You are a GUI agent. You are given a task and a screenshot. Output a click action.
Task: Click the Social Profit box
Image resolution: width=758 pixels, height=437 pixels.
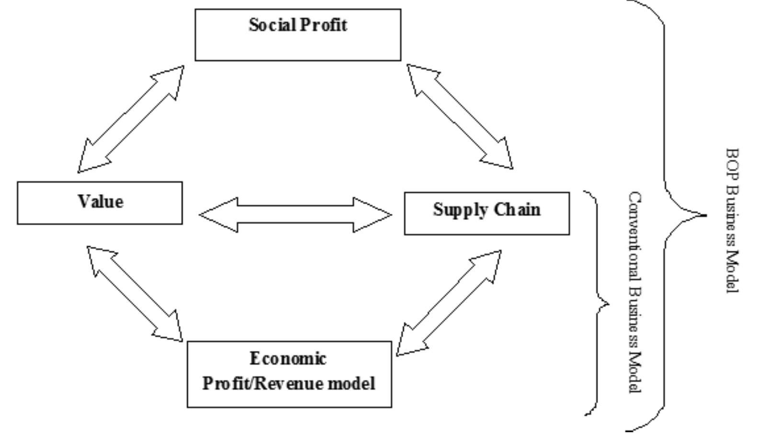point(297,35)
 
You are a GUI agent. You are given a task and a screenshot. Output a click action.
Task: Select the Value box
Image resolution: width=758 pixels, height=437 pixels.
point(100,203)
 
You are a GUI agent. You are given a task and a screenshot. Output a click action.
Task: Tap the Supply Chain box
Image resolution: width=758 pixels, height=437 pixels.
point(486,213)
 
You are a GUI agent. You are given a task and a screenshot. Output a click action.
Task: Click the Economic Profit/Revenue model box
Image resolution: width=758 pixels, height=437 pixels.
point(289,374)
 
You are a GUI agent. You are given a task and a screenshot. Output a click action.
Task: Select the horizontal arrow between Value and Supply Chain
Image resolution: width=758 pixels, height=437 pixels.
point(295,214)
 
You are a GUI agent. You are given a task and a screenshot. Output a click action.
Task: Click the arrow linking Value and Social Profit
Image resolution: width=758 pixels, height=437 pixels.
point(131,119)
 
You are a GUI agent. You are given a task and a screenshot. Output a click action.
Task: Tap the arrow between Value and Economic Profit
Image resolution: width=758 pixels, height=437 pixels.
point(135,294)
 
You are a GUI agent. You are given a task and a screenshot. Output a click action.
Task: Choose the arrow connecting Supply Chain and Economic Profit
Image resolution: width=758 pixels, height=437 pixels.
point(449,303)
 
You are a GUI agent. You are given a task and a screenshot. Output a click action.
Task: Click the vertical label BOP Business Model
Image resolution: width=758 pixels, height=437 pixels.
point(732,220)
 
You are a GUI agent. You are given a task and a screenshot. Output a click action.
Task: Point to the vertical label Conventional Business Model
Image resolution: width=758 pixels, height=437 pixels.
point(634,292)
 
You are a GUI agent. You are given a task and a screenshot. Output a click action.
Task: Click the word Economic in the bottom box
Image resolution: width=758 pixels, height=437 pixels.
point(288,359)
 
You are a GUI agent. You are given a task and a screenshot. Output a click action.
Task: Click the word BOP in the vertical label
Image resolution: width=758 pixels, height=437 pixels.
point(732,164)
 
